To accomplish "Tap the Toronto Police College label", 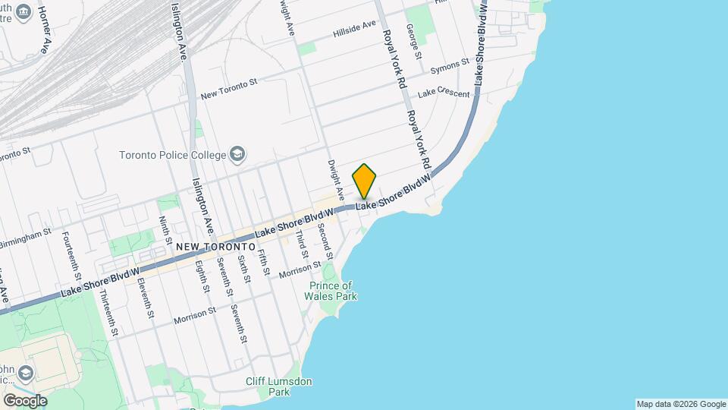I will click(x=173, y=155).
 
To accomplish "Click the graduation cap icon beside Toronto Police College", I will click(x=238, y=155).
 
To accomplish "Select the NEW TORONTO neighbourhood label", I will click(x=215, y=247).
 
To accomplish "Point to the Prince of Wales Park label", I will click(x=332, y=291).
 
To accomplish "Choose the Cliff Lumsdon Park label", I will click(x=279, y=386).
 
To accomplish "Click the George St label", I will click(x=413, y=40).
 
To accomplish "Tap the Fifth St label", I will click(x=262, y=262).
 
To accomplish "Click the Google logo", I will click(x=24, y=400).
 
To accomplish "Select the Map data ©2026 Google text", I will click(x=680, y=404).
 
